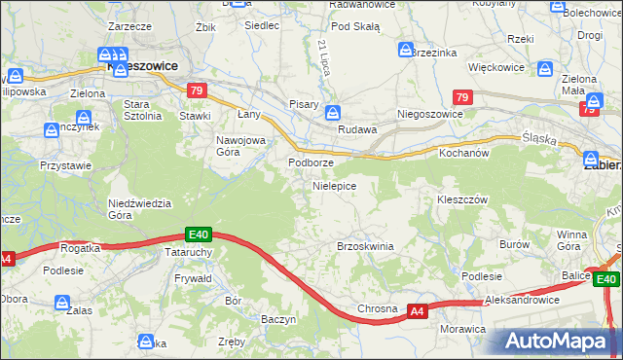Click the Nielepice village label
coord(333,185)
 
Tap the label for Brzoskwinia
coord(365,246)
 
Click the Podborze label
coord(311,162)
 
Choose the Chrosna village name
coord(377,308)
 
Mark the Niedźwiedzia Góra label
coord(139,209)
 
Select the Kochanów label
coord(462,154)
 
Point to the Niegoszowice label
coord(429,113)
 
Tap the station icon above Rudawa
coord(333,113)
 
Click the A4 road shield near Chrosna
coord(417,311)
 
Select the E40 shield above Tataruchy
coord(199,234)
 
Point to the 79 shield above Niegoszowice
coord(462,97)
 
